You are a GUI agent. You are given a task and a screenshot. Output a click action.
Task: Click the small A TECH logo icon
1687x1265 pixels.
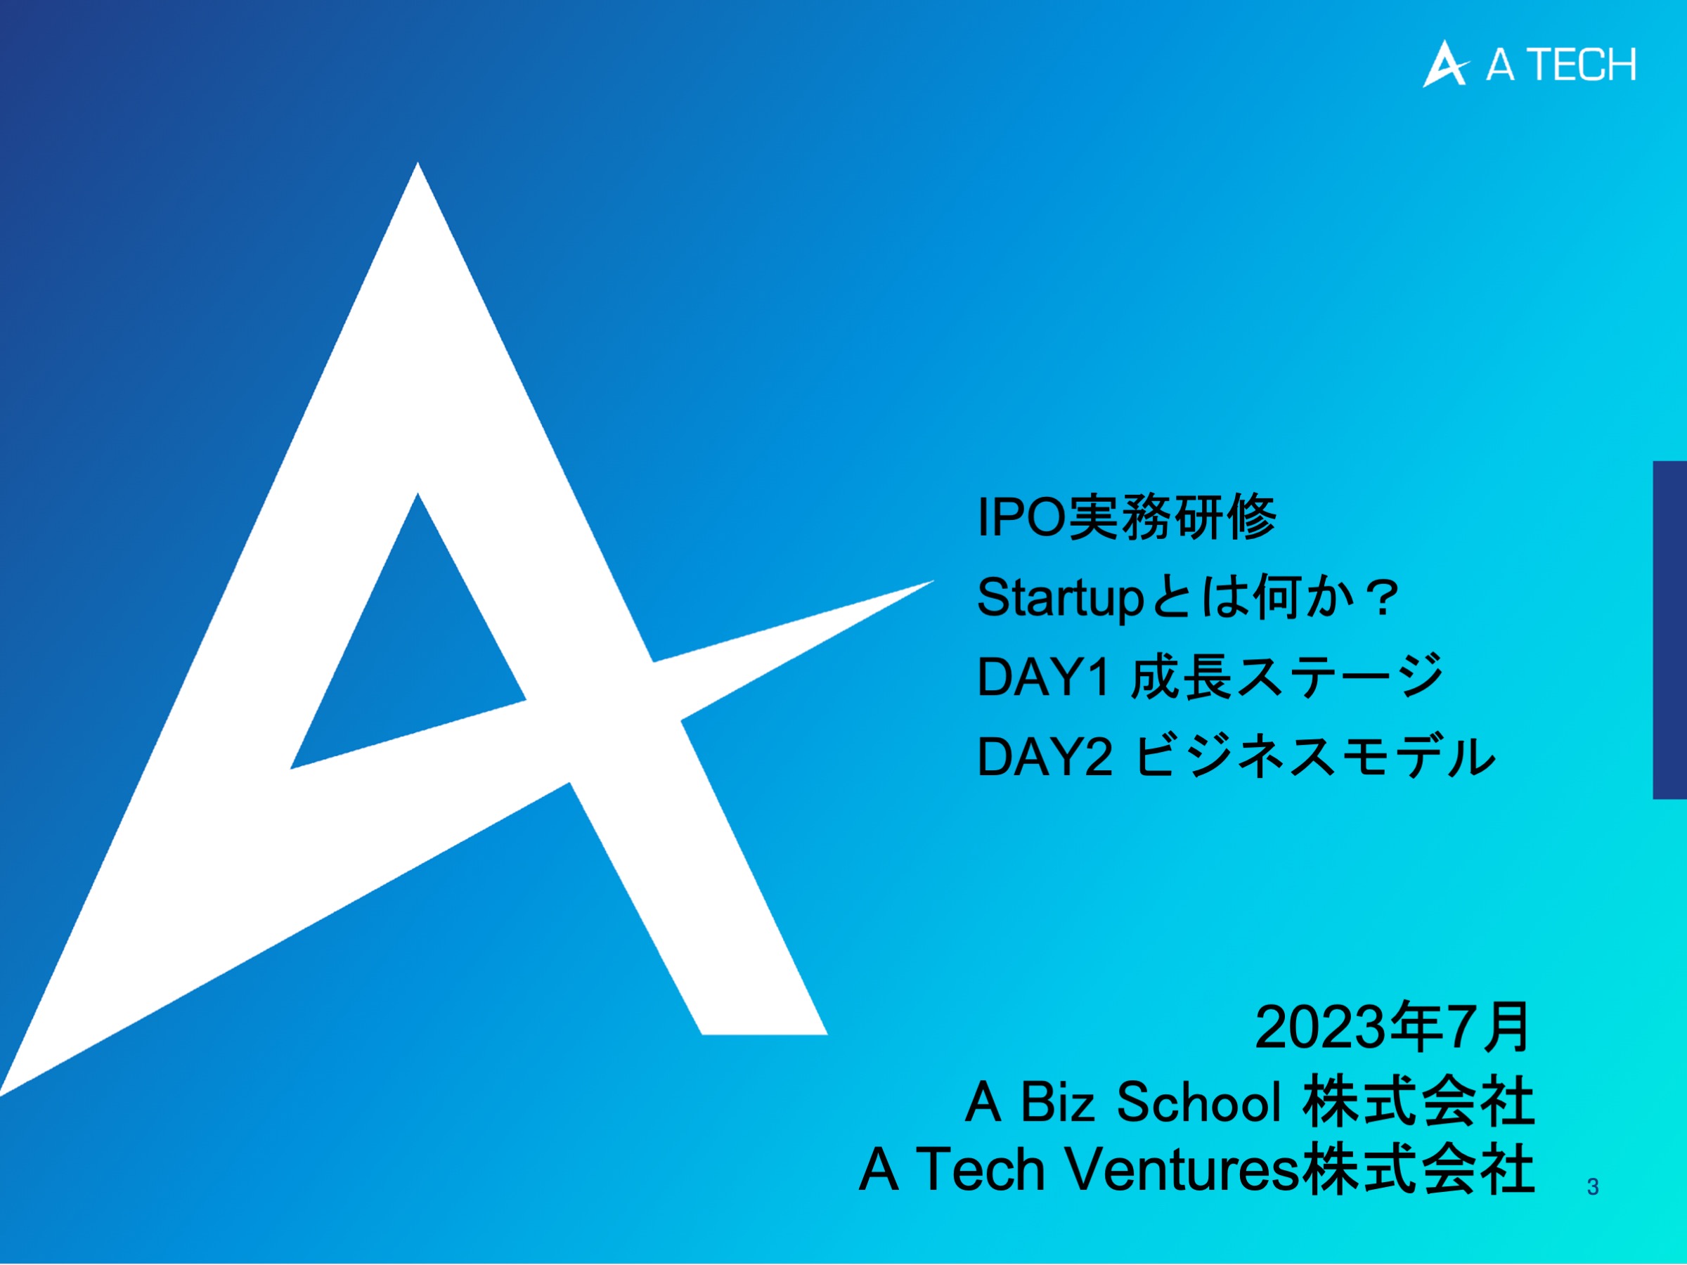(x=1444, y=65)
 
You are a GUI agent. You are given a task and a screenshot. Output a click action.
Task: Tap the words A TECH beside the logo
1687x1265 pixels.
(x=1560, y=65)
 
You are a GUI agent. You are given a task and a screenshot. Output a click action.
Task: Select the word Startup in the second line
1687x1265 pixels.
(x=1060, y=599)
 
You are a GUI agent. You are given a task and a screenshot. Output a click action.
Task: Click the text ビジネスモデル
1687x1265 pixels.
(x=1316, y=757)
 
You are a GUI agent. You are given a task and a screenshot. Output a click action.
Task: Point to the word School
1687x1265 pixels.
(x=1199, y=1102)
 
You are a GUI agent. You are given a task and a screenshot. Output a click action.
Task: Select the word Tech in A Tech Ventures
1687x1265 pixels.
(x=979, y=1169)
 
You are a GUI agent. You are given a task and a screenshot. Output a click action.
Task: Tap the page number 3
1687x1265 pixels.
(x=1592, y=1186)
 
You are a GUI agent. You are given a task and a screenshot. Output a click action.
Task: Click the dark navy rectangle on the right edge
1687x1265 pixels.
(x=1669, y=630)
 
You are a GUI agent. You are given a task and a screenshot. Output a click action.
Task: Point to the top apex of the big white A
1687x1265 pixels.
(x=417, y=163)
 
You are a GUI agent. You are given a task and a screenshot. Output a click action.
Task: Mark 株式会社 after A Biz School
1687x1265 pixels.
(x=1419, y=1102)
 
